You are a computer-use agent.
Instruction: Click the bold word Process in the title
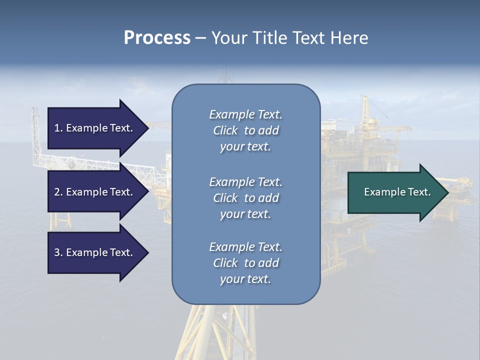click(x=157, y=38)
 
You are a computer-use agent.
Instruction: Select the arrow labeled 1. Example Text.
click(x=93, y=128)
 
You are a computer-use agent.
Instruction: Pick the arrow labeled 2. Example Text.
click(x=93, y=192)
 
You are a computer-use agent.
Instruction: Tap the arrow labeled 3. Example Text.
click(x=93, y=252)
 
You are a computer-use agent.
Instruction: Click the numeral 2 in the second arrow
click(x=57, y=192)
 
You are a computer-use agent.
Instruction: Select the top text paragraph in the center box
click(x=245, y=130)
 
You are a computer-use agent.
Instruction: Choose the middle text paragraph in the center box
click(x=245, y=198)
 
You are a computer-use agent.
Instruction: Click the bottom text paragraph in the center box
click(x=245, y=263)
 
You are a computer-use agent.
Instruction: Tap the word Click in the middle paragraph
click(x=225, y=198)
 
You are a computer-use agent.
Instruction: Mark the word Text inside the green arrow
click(x=418, y=192)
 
